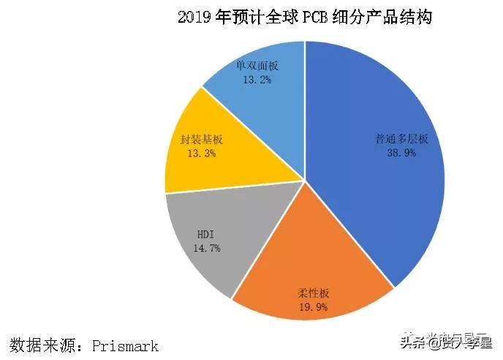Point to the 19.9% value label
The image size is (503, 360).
click(x=311, y=307)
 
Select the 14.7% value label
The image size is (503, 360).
click(x=205, y=248)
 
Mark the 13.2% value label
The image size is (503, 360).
click(x=257, y=79)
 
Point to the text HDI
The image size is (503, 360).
click(x=205, y=234)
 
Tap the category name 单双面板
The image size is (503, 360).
click(x=257, y=65)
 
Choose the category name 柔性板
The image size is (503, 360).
click(x=311, y=293)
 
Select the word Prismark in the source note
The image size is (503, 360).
click(x=125, y=344)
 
